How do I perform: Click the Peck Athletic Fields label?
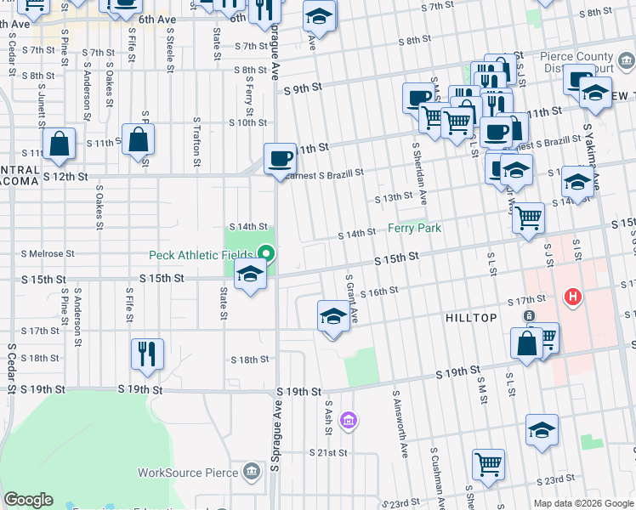201,254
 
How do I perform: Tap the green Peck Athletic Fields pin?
267,253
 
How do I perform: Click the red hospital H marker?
573,297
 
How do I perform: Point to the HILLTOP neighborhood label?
471,317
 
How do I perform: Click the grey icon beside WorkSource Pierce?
252,471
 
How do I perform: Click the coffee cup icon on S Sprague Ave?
280,158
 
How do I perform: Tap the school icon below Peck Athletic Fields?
249,275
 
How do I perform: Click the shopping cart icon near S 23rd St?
488,464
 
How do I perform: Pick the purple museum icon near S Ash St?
347,420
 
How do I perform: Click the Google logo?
28,500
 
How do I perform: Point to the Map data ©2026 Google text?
583,503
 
